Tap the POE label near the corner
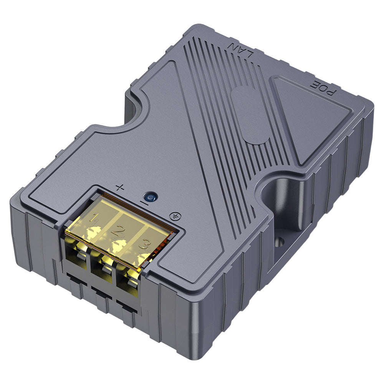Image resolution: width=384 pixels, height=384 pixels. click(x=328, y=88)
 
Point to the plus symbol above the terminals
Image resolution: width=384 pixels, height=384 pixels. click(x=120, y=188)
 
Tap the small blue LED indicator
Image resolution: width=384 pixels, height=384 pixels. click(x=151, y=198)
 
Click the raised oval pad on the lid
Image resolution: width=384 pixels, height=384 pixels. click(x=250, y=115)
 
